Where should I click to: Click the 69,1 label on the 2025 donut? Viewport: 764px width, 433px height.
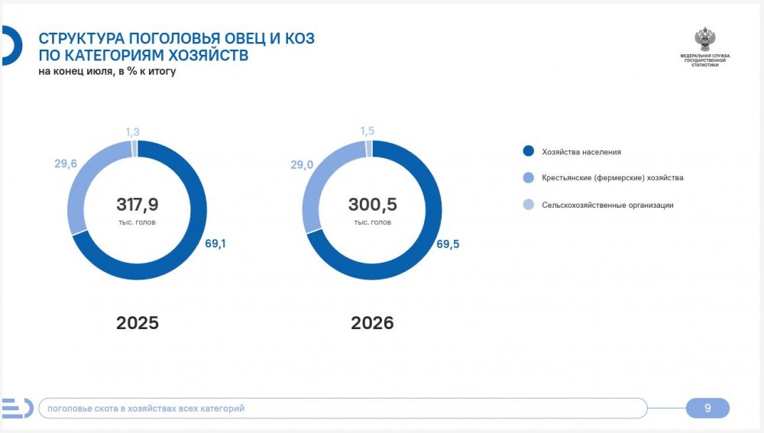pos(215,243)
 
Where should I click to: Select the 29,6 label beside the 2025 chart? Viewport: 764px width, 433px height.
pos(66,163)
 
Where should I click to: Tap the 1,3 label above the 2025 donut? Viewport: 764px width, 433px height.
pos(132,132)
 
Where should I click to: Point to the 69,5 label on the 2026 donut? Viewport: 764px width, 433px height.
pos(448,244)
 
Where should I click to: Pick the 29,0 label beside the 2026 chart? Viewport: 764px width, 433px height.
pos(302,165)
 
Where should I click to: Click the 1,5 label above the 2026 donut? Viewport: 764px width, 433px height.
pos(367,131)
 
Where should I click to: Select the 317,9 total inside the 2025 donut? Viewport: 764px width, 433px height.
pos(138,205)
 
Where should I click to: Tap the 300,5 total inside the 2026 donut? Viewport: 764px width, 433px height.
pos(373,205)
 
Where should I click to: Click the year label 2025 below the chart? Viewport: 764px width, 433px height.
pos(138,323)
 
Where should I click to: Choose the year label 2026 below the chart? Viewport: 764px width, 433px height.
pos(372,323)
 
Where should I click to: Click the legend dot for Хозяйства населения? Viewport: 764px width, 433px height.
pos(529,151)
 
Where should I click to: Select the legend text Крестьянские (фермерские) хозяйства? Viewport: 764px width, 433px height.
pos(613,178)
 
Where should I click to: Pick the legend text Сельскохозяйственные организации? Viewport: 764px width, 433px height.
pos(607,205)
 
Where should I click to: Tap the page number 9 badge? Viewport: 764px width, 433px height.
pos(707,408)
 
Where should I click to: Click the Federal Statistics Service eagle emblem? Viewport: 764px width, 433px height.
pos(704,40)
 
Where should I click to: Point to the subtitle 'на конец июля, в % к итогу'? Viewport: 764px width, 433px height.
pos(107,71)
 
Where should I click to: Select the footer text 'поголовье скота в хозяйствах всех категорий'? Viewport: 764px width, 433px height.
pos(146,408)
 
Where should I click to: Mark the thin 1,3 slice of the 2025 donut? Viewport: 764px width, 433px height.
pos(134,149)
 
